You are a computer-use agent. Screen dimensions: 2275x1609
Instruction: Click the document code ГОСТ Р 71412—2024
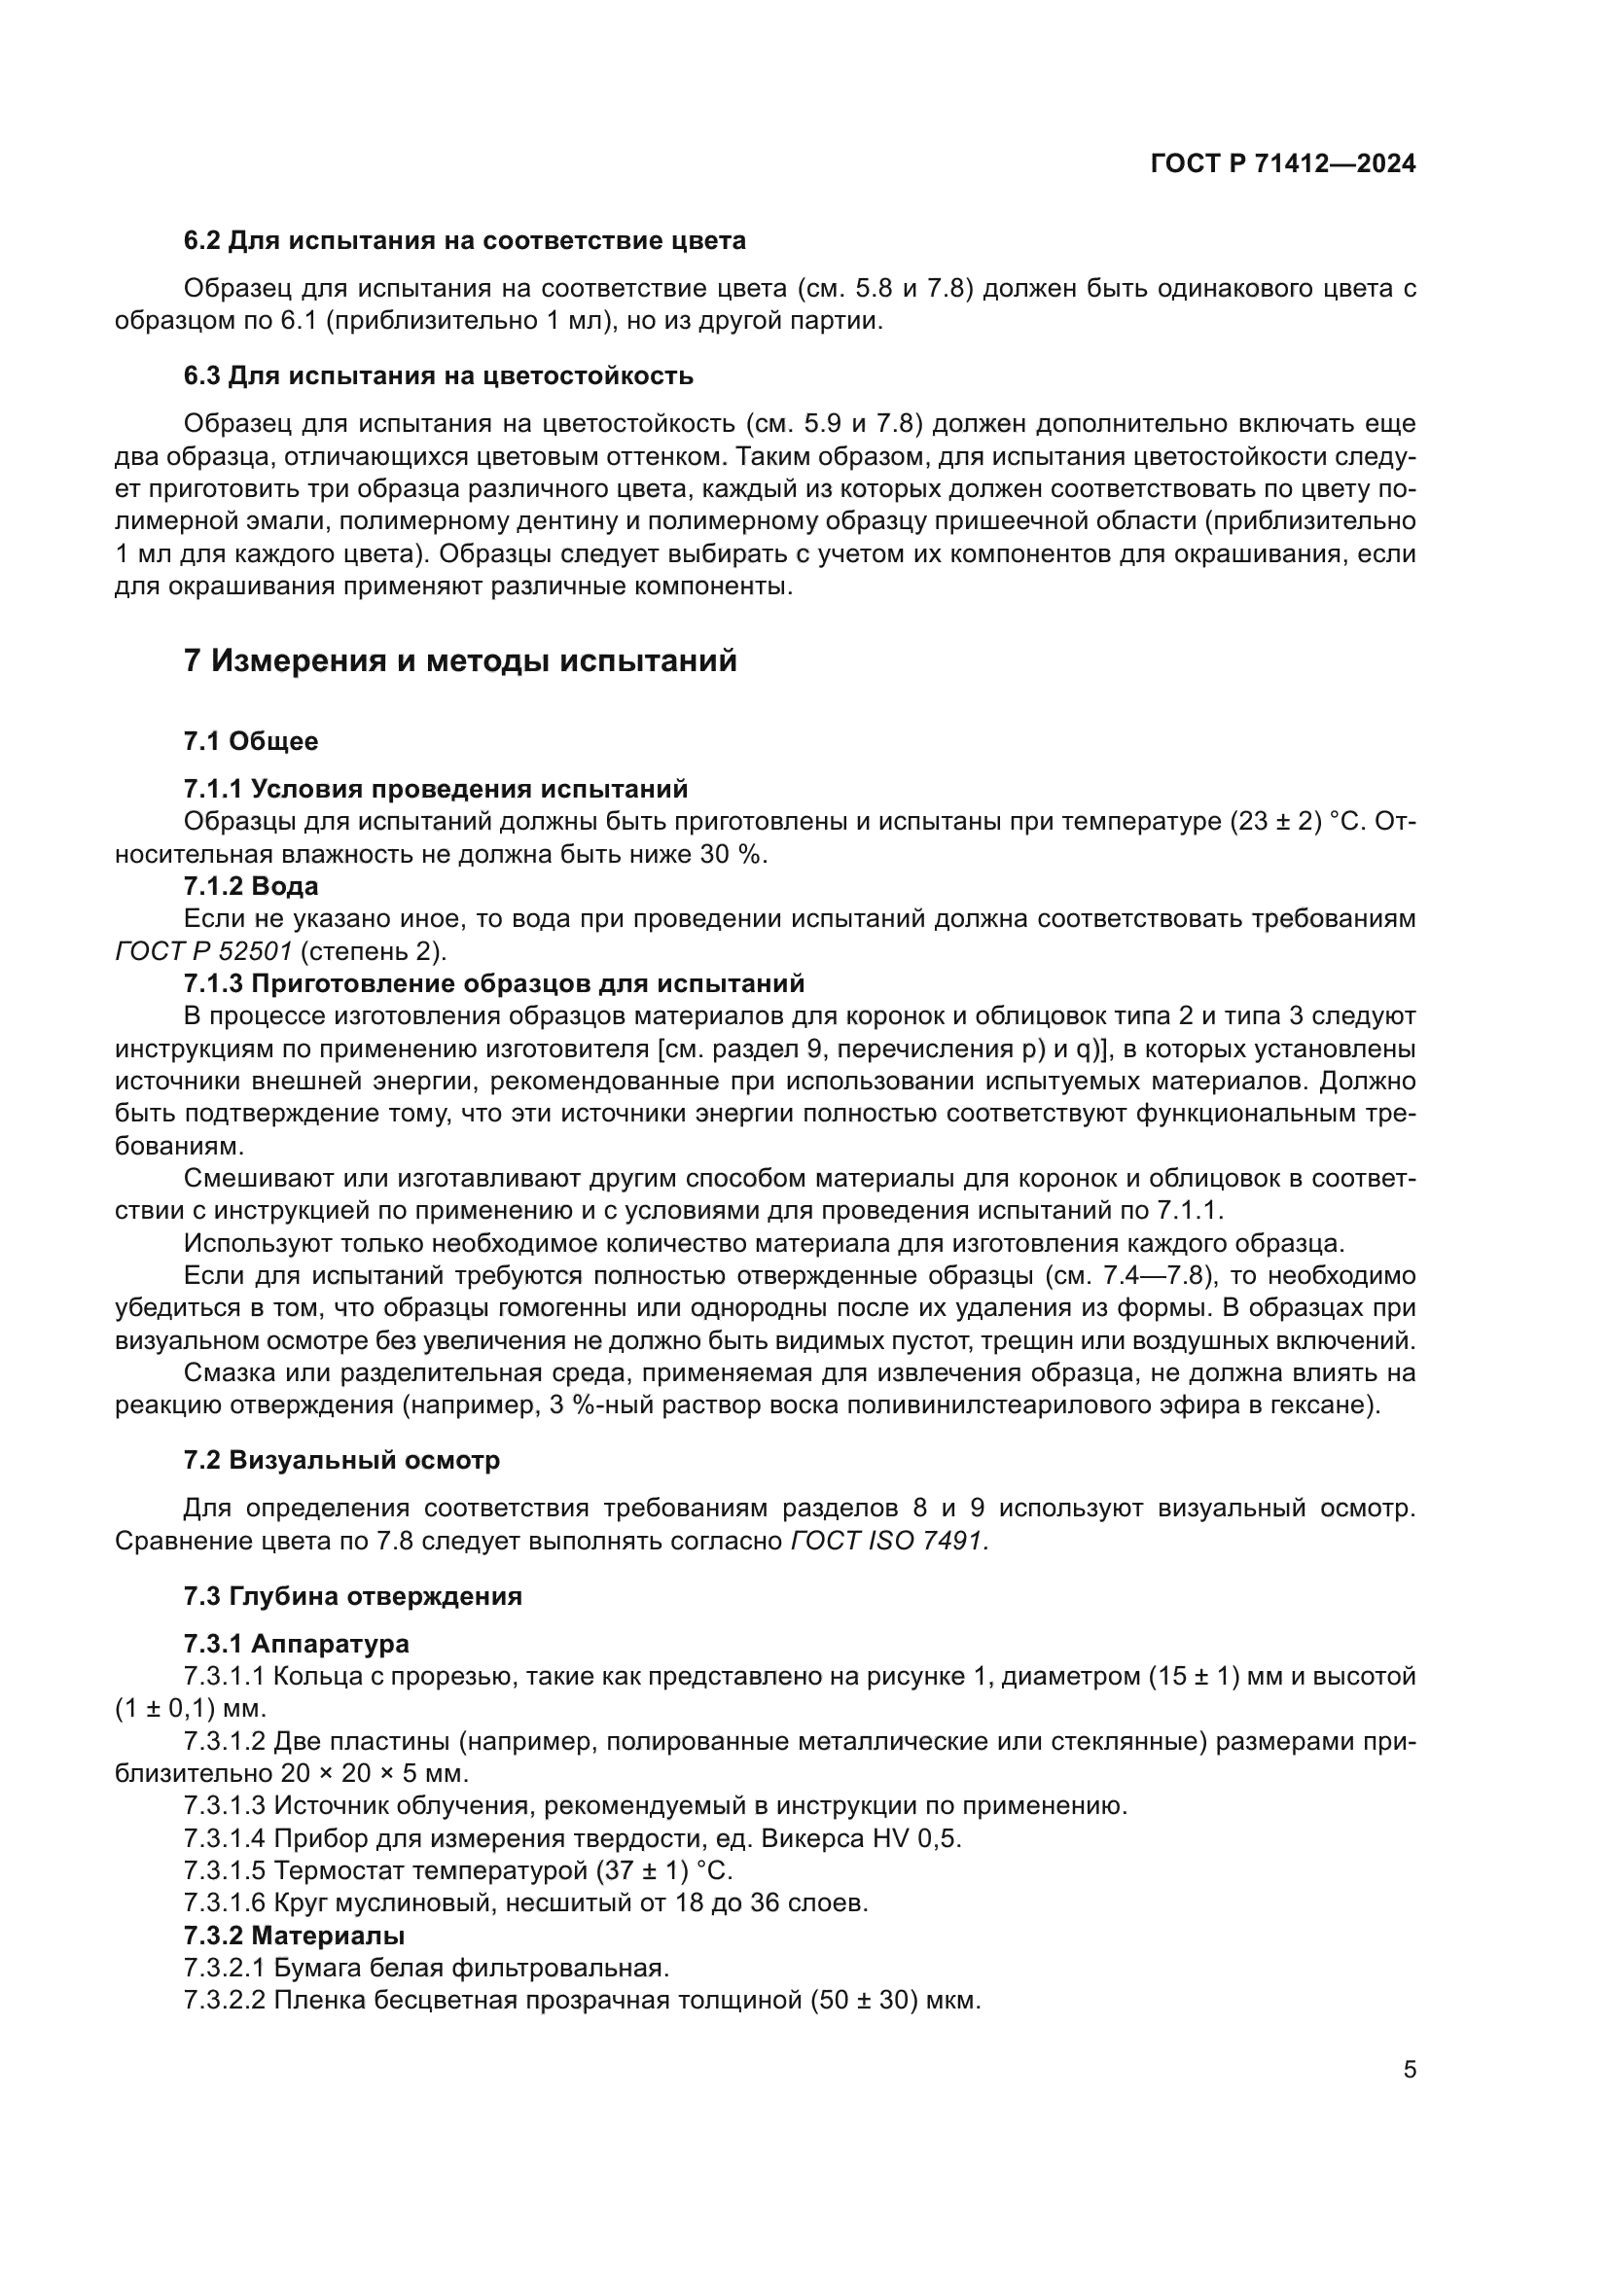pos(1283,164)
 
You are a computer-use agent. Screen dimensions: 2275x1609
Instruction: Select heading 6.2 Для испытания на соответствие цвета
pos(465,241)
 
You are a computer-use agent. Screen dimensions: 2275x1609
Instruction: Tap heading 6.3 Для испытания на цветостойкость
pos(438,375)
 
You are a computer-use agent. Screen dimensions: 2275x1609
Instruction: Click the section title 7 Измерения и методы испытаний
pos(460,660)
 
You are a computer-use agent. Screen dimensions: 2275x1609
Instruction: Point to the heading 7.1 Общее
pos(251,741)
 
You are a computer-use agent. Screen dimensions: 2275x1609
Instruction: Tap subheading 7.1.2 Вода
pos(251,886)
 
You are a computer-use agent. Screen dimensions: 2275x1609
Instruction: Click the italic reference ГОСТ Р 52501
pos(203,951)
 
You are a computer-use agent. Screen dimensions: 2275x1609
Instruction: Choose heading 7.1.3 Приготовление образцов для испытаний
pos(493,983)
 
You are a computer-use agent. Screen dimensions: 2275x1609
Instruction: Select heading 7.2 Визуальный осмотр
pos(340,1461)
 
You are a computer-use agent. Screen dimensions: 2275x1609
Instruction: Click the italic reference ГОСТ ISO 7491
pos(887,1541)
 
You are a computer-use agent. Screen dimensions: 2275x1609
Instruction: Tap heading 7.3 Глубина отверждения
pos(352,1596)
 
